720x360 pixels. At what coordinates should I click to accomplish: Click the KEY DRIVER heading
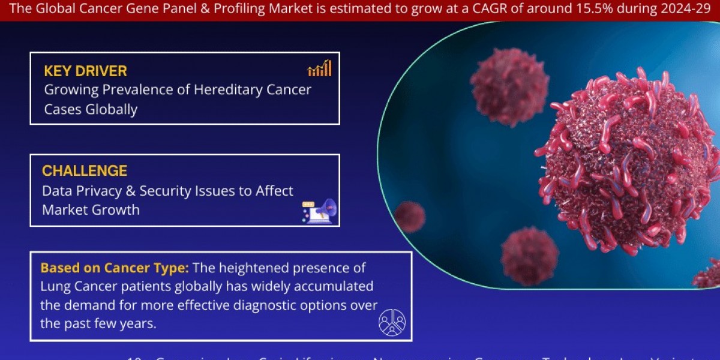85,71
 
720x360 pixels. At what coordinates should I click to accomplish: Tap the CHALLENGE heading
85,171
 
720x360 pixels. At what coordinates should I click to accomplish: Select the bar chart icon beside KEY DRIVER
319,68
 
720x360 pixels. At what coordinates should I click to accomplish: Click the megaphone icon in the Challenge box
320,211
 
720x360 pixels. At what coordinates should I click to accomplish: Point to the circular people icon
392,322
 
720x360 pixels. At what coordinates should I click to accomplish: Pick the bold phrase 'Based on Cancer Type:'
115,268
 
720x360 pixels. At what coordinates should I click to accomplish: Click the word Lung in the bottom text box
55,286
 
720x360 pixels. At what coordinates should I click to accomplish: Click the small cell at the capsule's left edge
410,217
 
